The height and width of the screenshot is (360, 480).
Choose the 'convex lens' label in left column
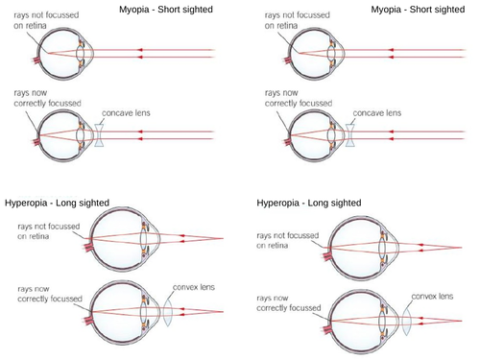click(x=191, y=286)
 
